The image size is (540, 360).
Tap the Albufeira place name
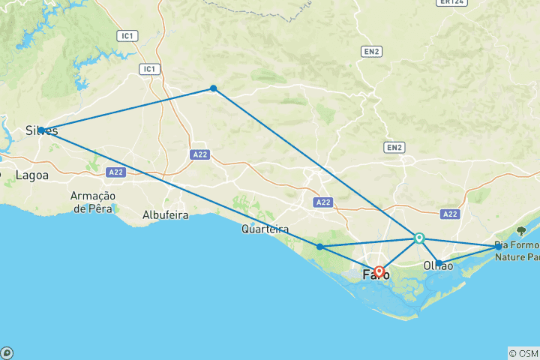point(166,215)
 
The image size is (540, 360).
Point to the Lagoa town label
point(31,175)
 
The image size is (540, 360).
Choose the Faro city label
point(376,275)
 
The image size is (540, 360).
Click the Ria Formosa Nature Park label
point(517,250)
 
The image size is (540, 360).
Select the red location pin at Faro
point(379,271)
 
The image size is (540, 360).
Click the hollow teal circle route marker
point(419,238)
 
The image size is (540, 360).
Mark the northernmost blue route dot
point(214,88)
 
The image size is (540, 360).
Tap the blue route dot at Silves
point(42,130)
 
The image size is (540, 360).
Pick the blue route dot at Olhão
point(439,263)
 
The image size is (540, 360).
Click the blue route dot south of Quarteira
point(319,247)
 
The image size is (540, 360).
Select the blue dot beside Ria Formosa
point(499,246)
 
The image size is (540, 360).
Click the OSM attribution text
point(523,353)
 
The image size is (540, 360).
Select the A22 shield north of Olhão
point(450,214)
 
